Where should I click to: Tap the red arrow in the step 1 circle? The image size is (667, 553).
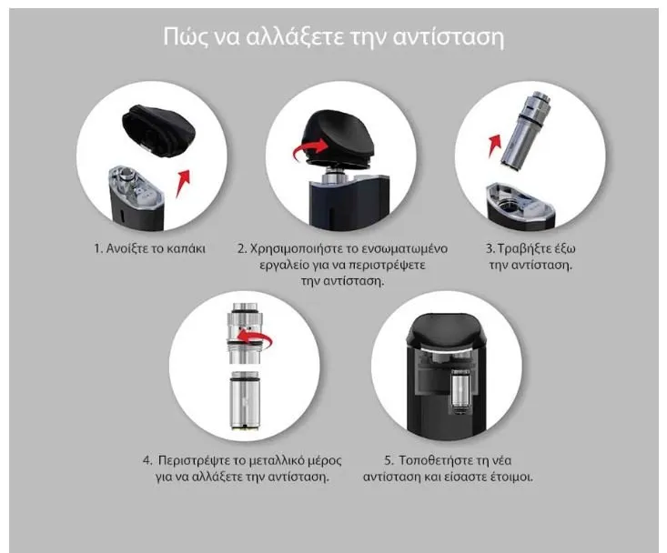pyautogui.click(x=183, y=183)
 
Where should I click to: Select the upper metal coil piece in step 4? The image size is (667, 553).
pyautogui.click(x=245, y=333)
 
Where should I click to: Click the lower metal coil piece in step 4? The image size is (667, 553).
pyautogui.click(x=245, y=400)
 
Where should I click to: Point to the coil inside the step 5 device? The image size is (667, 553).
pyautogui.click(x=460, y=391)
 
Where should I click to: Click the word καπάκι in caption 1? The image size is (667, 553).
pyautogui.click(x=186, y=248)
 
